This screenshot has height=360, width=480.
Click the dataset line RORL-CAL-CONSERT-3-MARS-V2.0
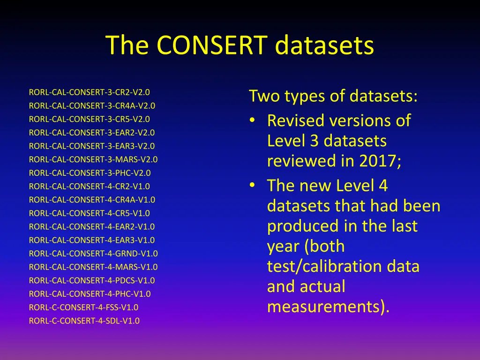(93, 159)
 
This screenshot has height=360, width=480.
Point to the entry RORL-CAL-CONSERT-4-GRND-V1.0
(93, 254)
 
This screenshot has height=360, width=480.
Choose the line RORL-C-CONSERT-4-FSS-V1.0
(83, 307)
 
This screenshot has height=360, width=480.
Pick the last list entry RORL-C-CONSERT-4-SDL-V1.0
(84, 321)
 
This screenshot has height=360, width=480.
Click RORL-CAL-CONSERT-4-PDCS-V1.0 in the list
(92, 281)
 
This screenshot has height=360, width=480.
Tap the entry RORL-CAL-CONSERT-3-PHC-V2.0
(90, 172)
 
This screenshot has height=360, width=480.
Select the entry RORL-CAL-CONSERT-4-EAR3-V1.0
(92, 240)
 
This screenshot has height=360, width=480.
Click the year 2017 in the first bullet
(380, 161)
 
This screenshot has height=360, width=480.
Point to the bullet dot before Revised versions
(252, 121)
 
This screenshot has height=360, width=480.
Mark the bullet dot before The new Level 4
(252, 186)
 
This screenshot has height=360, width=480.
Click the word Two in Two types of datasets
(264, 97)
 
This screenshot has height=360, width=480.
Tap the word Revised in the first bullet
(296, 121)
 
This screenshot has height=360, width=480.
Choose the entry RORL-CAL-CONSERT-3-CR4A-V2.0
(92, 105)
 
